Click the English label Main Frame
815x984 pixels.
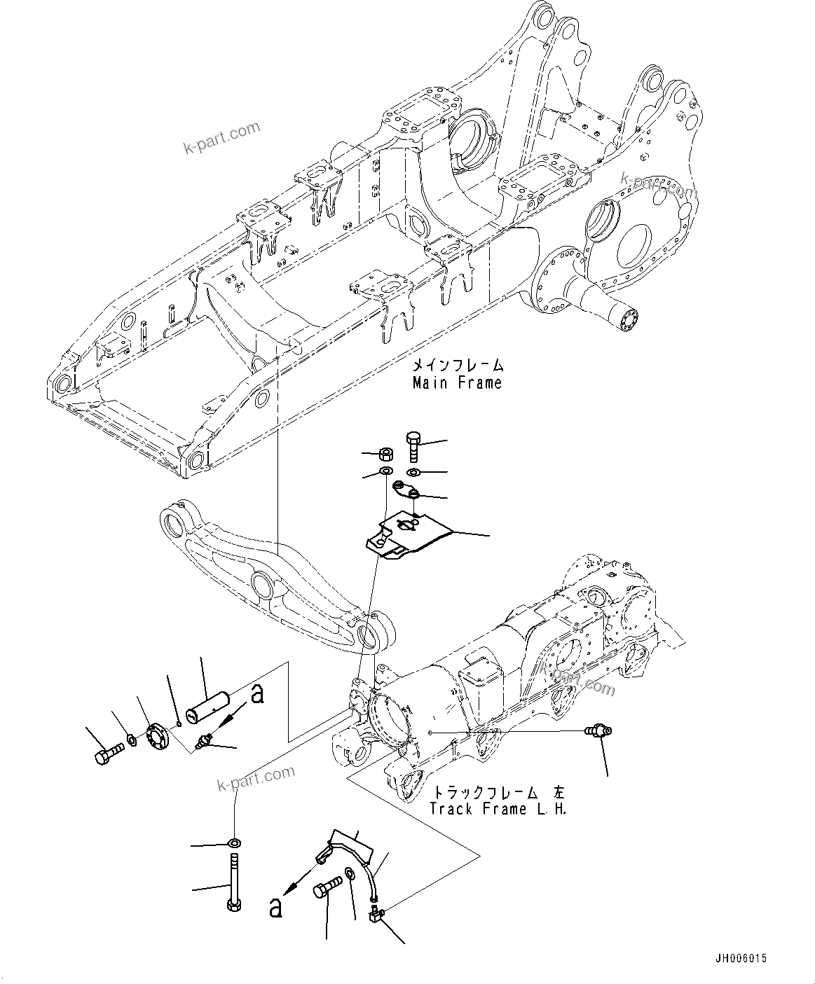(x=457, y=383)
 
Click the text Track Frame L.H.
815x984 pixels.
(x=498, y=809)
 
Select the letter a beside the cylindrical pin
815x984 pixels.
(x=258, y=693)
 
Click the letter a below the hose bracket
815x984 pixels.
(x=277, y=908)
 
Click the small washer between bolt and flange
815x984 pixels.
(x=132, y=740)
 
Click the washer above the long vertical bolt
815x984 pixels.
(x=234, y=841)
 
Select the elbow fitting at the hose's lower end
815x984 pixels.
(x=376, y=914)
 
